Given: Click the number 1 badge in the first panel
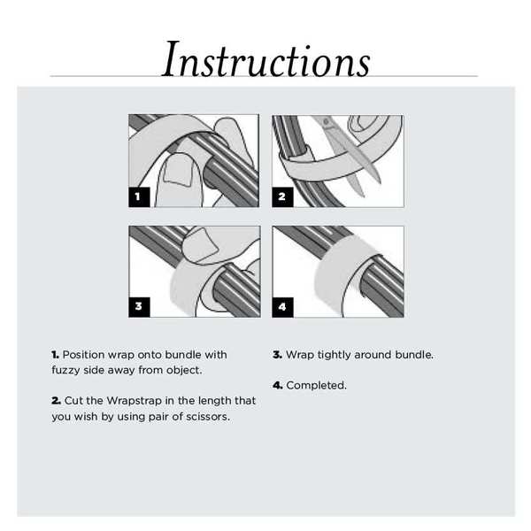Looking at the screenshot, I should click(138, 196).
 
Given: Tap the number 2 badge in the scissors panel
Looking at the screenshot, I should click(281, 196).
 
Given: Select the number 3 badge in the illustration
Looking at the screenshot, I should click(138, 307).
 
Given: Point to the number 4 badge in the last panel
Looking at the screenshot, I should click(281, 307).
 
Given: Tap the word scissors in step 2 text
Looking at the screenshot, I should click(206, 417).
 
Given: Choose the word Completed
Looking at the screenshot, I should click(316, 386).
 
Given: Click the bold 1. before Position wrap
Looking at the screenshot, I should click(55, 355).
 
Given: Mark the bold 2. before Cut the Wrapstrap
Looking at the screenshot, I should click(56, 401).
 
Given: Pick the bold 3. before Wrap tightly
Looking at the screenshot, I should click(277, 355).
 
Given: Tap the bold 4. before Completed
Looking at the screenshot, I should click(277, 386).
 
